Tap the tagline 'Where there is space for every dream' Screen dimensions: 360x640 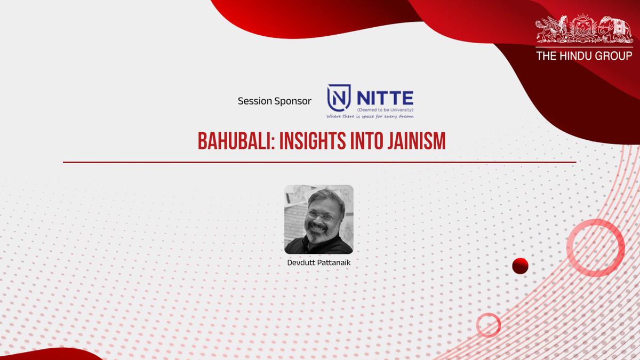tap(371, 115)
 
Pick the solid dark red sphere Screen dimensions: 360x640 tap(520, 265)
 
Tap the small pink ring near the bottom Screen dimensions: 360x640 tap(488, 324)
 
